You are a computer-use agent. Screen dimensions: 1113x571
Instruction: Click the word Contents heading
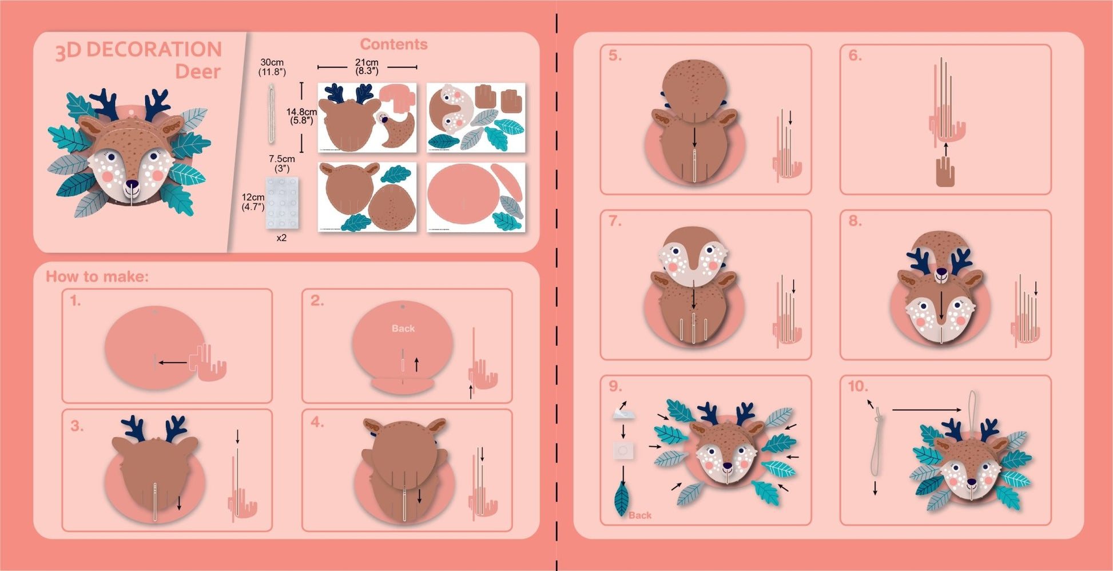click(393, 44)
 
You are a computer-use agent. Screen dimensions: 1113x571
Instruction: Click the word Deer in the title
click(198, 72)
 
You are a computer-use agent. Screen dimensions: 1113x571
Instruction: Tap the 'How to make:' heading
click(97, 276)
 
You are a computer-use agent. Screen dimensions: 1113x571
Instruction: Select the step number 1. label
click(75, 300)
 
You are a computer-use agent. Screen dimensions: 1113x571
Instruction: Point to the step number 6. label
click(855, 55)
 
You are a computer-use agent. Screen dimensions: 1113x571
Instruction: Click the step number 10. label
click(858, 386)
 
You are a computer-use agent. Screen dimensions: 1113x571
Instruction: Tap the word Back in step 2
click(403, 328)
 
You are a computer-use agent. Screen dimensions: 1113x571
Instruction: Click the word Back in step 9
click(640, 516)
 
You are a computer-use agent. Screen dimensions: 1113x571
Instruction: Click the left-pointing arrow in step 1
click(173, 362)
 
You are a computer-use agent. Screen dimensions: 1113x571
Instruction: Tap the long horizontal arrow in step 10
click(927, 410)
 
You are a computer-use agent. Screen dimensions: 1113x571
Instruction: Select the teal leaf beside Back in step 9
click(621, 498)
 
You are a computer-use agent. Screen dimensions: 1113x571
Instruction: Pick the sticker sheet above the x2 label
click(281, 203)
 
